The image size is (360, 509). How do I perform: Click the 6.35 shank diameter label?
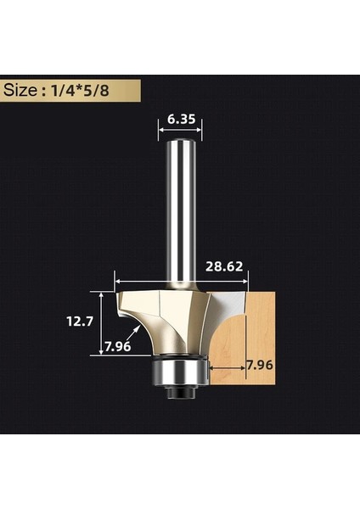pos(180,120)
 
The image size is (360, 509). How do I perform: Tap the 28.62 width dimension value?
pos(224,265)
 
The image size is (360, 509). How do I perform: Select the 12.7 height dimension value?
pos(82,322)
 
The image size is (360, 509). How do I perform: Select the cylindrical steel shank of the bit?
pos(179,212)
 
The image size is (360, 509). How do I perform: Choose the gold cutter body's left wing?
pos(136,305)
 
